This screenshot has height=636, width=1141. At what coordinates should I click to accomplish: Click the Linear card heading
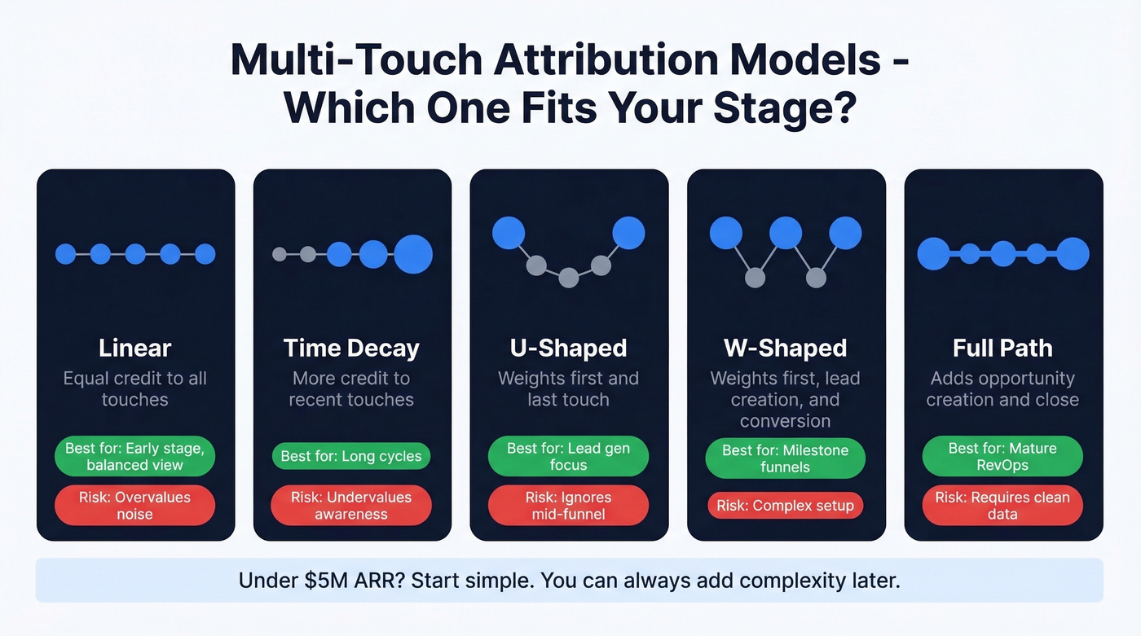point(135,348)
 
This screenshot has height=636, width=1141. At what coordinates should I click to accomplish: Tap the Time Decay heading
point(351,348)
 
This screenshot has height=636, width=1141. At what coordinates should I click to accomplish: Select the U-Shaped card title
point(568,348)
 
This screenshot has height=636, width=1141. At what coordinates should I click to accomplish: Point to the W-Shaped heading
point(785,348)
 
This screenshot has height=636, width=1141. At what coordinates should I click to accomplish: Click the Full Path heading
point(1002,348)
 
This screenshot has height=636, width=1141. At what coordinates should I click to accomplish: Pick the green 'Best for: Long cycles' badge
point(351,456)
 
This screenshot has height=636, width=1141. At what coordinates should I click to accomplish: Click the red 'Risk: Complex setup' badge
point(785,506)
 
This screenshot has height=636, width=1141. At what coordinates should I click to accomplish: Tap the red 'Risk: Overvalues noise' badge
point(135,506)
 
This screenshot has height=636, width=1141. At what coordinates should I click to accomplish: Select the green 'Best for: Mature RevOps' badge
point(1002,456)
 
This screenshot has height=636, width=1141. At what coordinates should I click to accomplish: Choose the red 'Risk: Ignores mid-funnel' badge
point(568,506)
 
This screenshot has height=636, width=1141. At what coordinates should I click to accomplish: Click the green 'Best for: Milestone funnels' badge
point(785,458)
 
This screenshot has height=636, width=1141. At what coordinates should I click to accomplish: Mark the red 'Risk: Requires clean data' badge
point(1002,506)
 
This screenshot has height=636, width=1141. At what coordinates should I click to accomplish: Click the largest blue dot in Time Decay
point(413,254)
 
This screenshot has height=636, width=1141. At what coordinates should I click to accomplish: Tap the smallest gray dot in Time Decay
point(280,254)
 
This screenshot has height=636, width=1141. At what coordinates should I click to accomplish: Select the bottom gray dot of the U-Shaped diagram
point(569,278)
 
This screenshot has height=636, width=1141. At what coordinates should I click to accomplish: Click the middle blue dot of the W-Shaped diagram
point(786,232)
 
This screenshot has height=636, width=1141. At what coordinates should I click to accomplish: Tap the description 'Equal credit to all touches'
point(135,389)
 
